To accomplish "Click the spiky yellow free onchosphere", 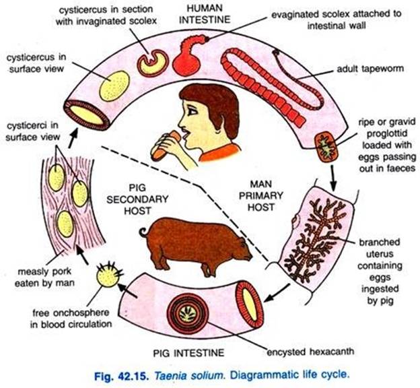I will click(107, 274).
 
